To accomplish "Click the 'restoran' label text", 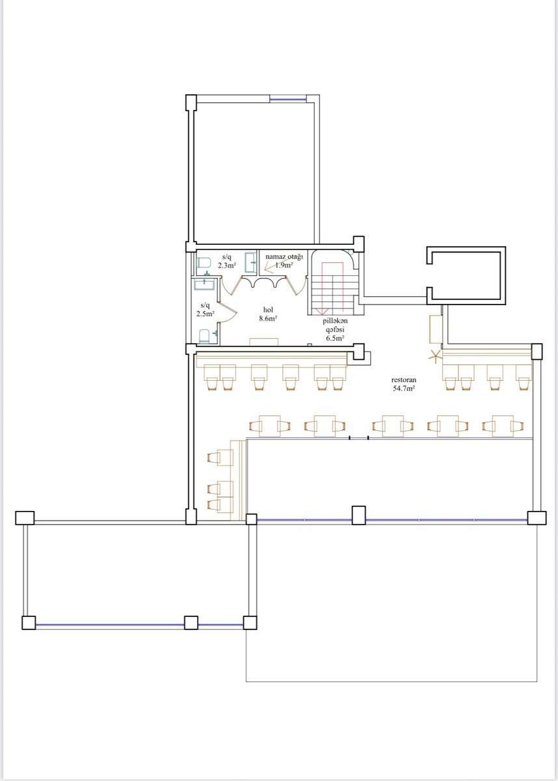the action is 404,380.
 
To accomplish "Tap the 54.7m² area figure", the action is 404,389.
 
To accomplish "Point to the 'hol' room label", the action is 268,310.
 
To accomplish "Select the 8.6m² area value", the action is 268,318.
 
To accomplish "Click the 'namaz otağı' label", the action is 284,257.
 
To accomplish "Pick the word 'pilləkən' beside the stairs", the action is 335,321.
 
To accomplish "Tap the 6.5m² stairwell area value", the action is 335,338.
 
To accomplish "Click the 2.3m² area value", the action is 227,266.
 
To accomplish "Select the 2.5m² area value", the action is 205,314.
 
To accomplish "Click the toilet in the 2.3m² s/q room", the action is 203,263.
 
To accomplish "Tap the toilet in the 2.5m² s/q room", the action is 205,336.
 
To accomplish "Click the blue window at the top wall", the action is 288,100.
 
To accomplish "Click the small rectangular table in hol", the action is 263,342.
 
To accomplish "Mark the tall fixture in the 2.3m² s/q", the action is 250,262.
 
